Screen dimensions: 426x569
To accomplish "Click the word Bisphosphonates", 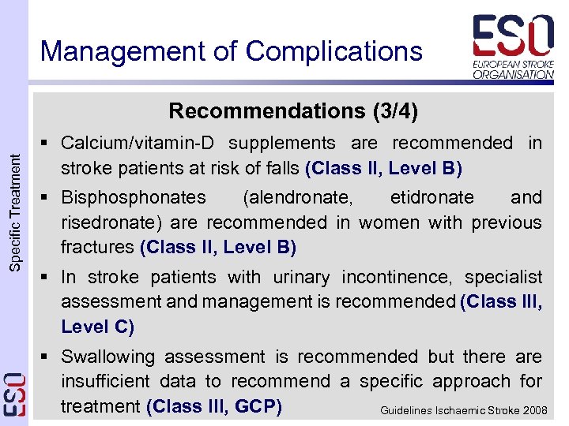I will tap(134, 197).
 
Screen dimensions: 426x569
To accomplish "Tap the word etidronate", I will tap(432, 197).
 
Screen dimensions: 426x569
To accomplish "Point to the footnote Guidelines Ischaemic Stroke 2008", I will tap(464, 411).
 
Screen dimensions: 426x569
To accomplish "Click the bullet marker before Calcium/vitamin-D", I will tap(50, 144).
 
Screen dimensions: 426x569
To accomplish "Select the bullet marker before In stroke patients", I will tap(50, 277).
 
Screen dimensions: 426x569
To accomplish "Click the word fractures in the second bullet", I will tap(97, 248).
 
